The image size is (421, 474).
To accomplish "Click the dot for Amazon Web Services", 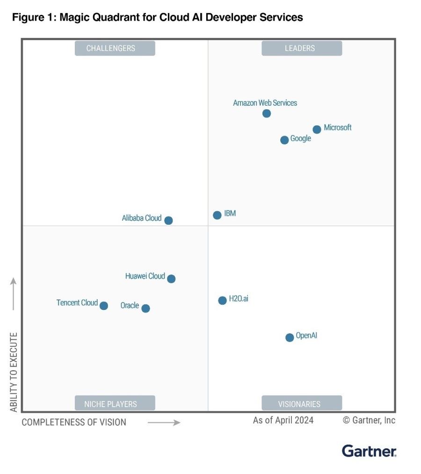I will click(267, 114).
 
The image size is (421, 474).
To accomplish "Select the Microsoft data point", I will click(317, 129).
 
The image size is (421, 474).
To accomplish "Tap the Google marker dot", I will click(284, 140).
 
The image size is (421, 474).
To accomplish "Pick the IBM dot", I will click(217, 215).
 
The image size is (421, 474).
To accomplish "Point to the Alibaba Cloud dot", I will click(168, 220).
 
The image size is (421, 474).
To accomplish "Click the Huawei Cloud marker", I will click(171, 279).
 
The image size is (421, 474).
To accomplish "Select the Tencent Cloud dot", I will click(104, 306).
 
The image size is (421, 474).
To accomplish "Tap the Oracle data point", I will click(145, 308).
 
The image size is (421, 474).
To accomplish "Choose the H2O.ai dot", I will click(222, 300).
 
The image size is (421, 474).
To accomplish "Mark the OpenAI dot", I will click(290, 337).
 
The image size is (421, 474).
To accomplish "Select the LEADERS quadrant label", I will click(301, 48).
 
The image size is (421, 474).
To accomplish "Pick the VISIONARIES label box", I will click(301, 403).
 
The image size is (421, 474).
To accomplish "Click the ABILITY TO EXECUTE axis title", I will click(14, 372).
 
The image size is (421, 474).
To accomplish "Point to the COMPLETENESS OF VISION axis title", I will click(74, 422).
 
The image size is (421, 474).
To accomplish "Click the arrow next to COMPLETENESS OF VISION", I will click(164, 423).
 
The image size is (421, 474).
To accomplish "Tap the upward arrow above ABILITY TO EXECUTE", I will click(14, 294).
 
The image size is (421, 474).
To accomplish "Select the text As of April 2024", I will click(283, 420).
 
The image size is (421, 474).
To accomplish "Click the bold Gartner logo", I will click(369, 451).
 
